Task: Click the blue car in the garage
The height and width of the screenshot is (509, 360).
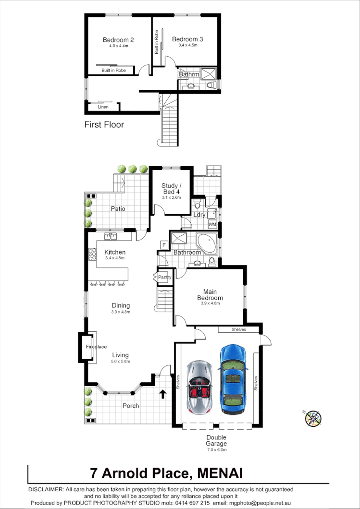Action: point(233,379)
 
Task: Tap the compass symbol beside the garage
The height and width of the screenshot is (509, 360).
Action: point(312,418)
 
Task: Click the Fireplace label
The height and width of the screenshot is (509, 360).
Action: point(96,347)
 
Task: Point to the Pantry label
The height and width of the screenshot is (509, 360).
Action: point(165,278)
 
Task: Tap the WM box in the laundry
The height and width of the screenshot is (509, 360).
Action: point(212,225)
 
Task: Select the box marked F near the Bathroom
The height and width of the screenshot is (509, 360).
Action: point(164,245)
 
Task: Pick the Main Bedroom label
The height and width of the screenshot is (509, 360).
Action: point(210,295)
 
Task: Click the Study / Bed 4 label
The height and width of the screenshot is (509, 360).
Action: point(171,189)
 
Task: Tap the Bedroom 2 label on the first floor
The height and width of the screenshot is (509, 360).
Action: point(118,40)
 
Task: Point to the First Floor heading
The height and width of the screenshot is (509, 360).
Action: point(104,125)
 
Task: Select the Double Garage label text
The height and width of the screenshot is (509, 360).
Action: point(216,440)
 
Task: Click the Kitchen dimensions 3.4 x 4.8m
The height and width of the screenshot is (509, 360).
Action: point(115,258)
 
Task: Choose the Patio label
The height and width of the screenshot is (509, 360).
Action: point(118,209)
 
